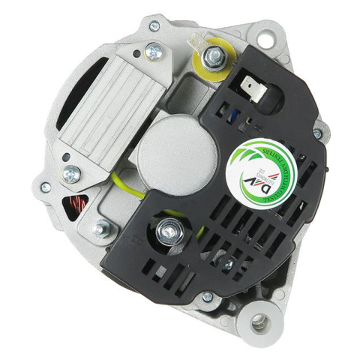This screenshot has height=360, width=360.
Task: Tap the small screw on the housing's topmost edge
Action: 154,27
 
